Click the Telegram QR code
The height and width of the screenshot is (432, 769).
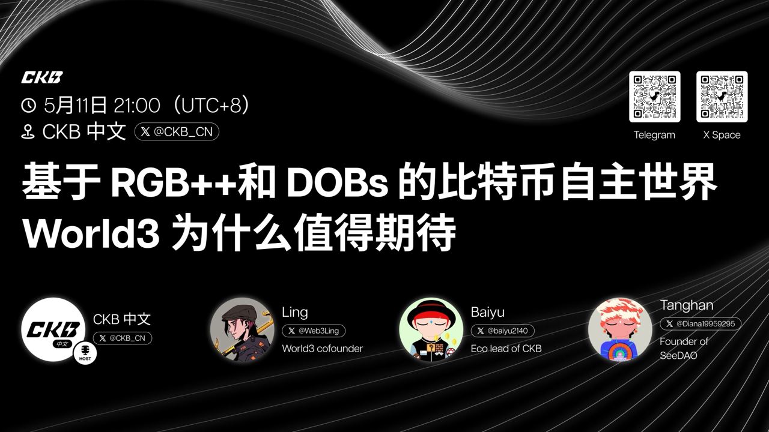[655, 97]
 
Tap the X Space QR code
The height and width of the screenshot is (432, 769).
[722, 97]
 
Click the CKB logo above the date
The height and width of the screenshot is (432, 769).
[42, 77]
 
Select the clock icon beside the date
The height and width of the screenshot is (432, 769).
[28, 105]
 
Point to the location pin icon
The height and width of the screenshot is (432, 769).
[28, 132]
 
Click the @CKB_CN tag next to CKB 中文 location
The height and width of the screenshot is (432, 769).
[177, 131]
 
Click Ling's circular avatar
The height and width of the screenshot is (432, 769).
[242, 329]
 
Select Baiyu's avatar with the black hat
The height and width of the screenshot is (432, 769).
[431, 329]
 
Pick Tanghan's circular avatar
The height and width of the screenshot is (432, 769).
[621, 329]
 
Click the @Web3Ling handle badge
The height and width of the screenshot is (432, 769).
[314, 331]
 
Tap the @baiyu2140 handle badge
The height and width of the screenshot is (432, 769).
[503, 331]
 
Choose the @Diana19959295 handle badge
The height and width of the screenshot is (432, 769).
[701, 323]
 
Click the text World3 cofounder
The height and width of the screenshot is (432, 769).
[323, 349]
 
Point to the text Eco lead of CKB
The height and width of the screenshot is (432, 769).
[506, 349]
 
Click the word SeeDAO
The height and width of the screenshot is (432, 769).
[678, 356]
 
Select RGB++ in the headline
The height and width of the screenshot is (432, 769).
[174, 183]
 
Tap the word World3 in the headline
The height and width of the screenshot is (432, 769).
[91, 234]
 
